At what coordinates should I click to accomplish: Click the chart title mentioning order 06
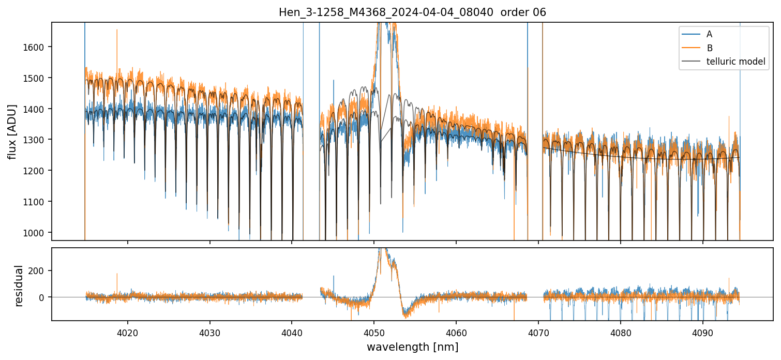point(412,12)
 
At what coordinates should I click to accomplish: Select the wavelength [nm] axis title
point(412,347)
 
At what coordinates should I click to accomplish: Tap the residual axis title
point(19,286)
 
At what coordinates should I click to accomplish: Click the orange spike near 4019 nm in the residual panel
point(117,275)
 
